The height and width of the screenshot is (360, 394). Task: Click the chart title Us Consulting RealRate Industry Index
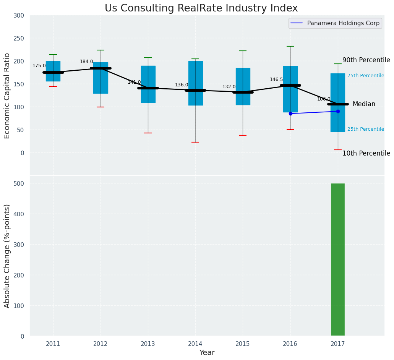[201, 8]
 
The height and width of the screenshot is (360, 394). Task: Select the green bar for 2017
[337, 259]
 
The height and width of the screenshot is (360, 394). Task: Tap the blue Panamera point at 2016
[290, 114]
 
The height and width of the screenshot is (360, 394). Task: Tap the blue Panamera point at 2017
[338, 111]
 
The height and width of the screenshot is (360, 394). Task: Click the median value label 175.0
[39, 66]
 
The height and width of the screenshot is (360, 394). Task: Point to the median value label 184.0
[86, 62]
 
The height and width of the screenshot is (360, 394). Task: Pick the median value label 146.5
[276, 79]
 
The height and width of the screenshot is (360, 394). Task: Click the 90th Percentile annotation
[366, 60]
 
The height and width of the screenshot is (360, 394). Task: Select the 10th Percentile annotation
[366, 153]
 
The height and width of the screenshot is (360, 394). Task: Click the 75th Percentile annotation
[366, 76]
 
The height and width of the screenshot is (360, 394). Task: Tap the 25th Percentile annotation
[366, 129]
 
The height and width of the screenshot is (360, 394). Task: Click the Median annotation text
[364, 104]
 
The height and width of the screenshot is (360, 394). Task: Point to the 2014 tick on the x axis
[195, 344]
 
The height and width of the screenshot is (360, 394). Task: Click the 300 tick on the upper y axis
[19, 15]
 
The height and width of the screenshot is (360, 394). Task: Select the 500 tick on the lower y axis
[19, 183]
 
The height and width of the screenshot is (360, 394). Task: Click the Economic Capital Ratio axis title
[7, 95]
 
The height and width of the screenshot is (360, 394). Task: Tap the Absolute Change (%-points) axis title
[7, 256]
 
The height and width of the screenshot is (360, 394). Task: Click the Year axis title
[207, 353]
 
